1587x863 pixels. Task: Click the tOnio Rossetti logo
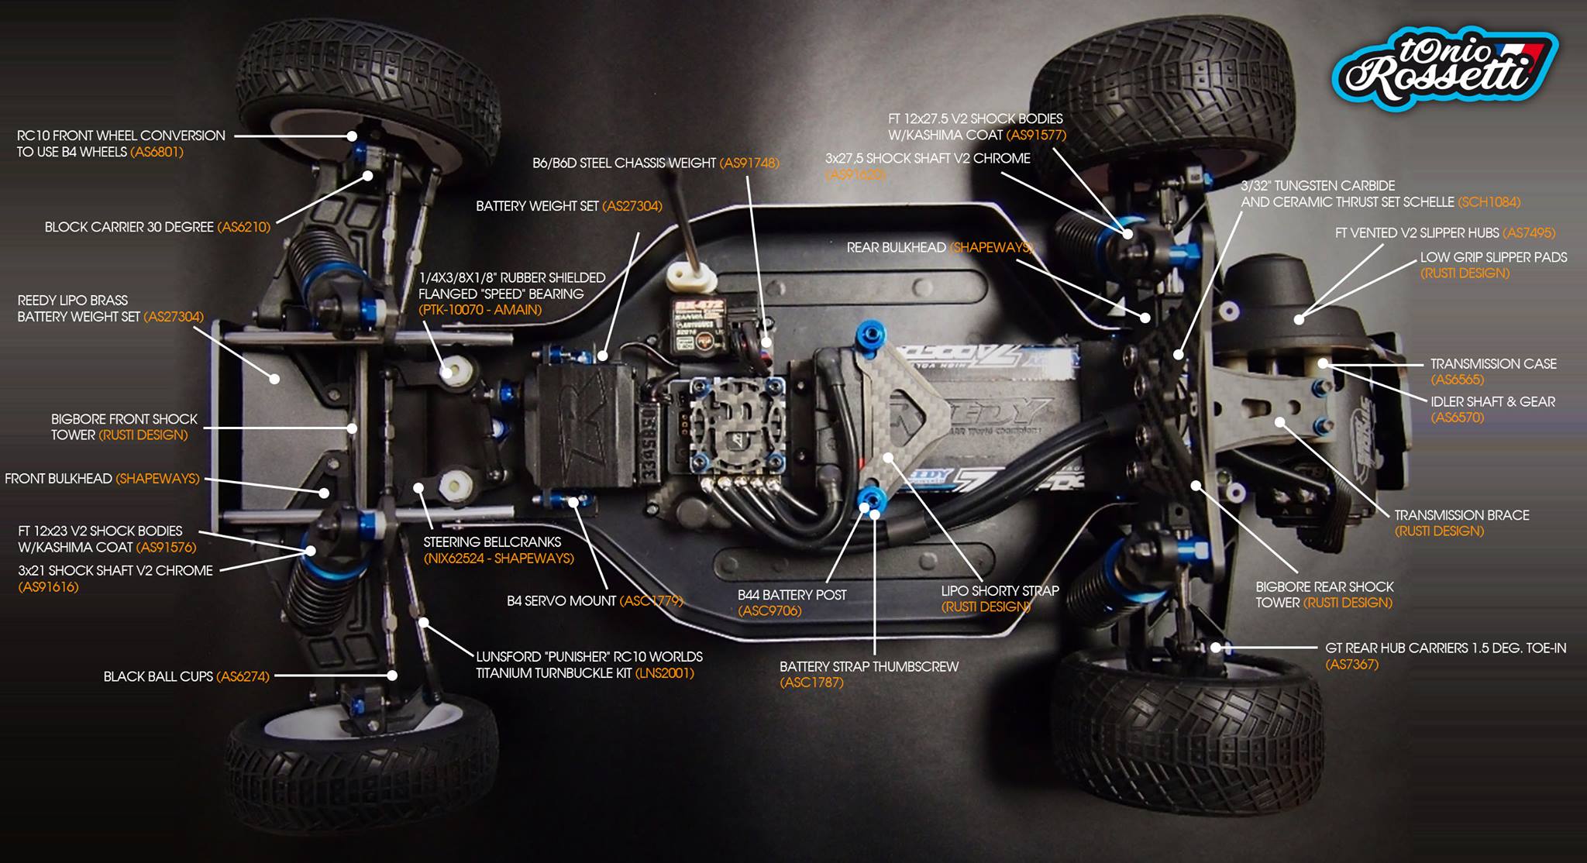click(1444, 70)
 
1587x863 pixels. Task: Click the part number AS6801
click(157, 152)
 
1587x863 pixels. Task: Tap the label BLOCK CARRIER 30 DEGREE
click(129, 227)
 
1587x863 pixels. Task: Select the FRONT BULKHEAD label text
click(58, 479)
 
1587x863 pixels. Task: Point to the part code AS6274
click(243, 676)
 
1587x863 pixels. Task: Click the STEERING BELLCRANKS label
click(492, 542)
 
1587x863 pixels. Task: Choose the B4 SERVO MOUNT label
click(561, 600)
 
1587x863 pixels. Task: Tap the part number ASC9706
click(769, 611)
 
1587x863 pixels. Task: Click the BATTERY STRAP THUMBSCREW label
click(869, 666)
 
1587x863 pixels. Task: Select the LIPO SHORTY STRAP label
click(1000, 590)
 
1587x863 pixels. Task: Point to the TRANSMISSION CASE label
click(1492, 363)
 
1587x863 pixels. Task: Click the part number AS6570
click(1457, 418)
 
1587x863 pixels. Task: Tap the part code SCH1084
click(1489, 202)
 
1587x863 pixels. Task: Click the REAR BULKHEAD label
click(896, 247)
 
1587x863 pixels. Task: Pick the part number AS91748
click(749, 163)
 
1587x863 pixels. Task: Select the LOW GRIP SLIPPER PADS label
click(1493, 257)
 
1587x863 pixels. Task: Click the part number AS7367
click(1351, 664)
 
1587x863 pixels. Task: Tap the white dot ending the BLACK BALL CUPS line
click(393, 676)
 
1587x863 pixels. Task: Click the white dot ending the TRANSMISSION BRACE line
click(1280, 423)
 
